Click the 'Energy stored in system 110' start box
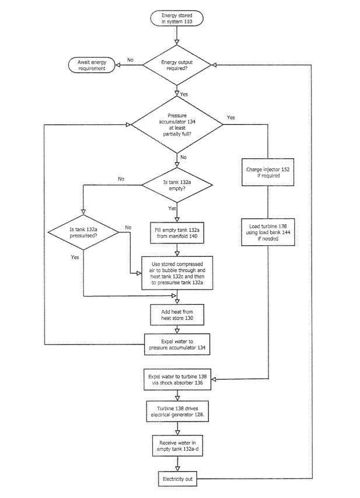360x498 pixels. point(176,18)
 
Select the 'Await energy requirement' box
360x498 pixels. point(90,65)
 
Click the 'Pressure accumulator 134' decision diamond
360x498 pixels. point(177,124)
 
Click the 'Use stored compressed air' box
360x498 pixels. point(176,273)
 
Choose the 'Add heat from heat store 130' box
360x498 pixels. point(176,315)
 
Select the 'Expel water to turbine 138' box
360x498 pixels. point(176,380)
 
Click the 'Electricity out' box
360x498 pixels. point(176,479)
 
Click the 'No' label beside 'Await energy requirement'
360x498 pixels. point(130,59)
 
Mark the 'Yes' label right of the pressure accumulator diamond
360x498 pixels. point(231,117)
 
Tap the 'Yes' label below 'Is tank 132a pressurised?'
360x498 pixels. point(75,257)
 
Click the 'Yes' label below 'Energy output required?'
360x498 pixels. point(184,93)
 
